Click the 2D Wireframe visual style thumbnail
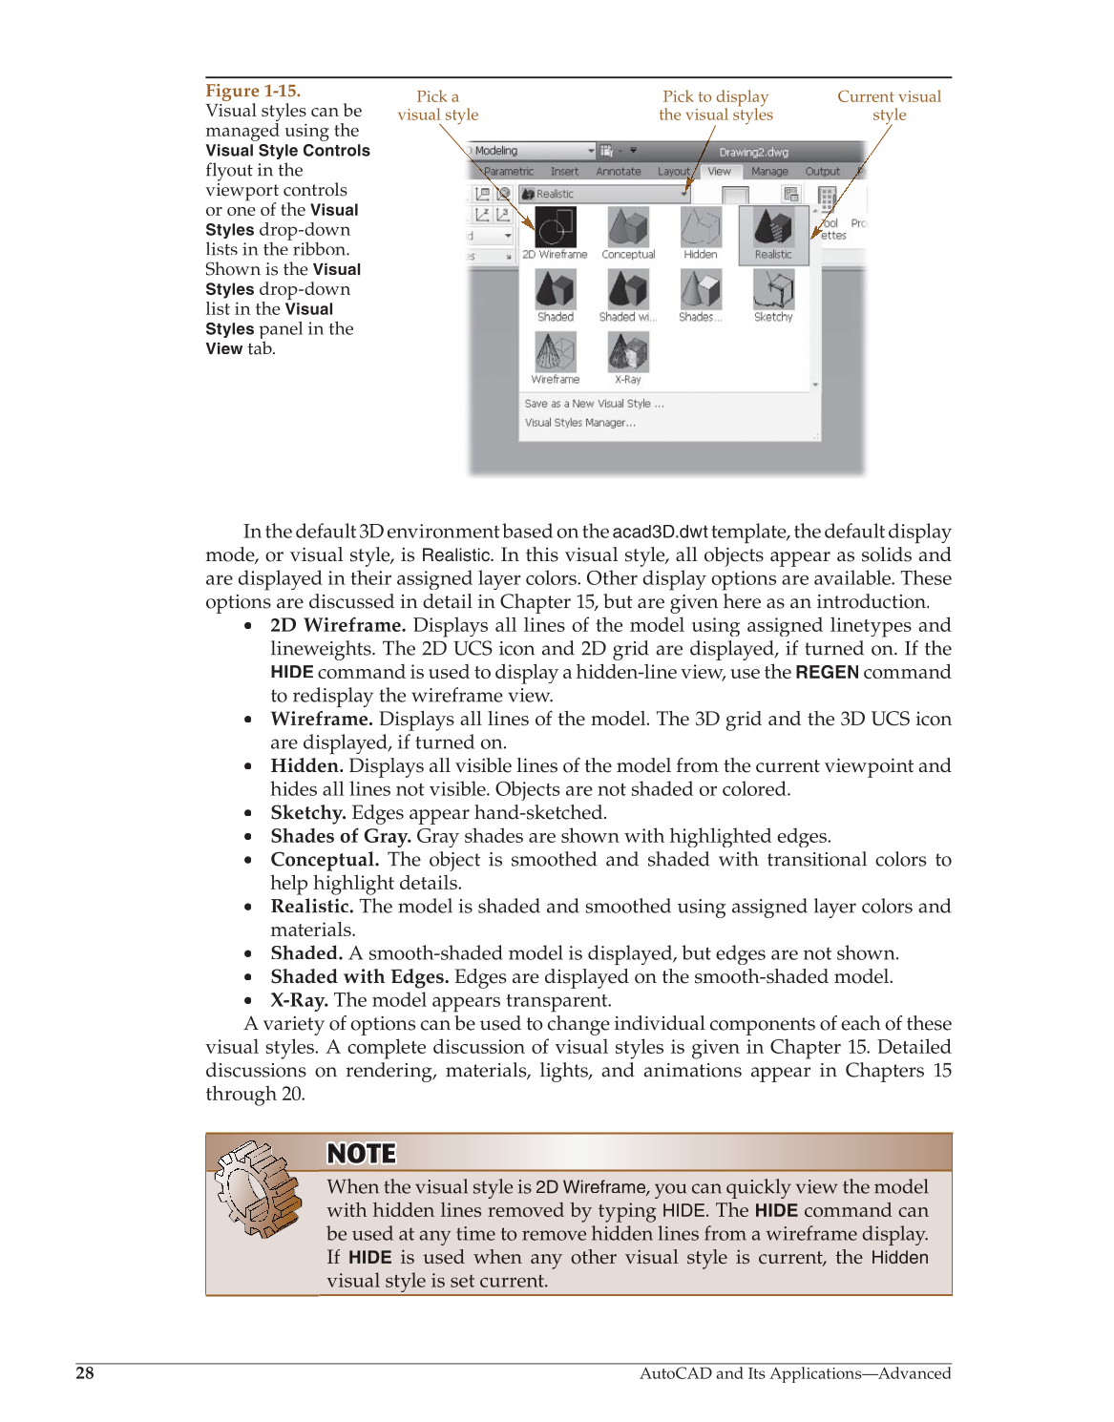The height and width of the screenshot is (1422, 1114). pos(555,229)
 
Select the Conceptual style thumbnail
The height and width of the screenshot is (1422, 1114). pos(628,229)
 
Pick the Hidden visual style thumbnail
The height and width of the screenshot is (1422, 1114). pos(701,229)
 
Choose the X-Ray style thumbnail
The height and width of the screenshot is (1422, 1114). pos(628,352)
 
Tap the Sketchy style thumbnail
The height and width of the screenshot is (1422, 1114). pos(773,290)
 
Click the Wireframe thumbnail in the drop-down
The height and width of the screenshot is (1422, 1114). pos(555,352)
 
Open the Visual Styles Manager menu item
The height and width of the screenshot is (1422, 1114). pos(579,423)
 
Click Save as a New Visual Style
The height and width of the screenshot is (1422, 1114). pos(594,404)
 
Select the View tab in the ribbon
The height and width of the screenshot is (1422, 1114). pos(719,172)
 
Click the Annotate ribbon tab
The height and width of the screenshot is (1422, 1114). pos(619,172)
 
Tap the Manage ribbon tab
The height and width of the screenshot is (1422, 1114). pos(769,172)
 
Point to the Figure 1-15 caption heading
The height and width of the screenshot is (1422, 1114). pos(253,91)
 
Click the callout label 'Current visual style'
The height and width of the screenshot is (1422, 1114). pos(889,105)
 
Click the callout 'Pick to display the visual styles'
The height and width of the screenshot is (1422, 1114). pos(716,105)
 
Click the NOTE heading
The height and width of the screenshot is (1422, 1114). pos(361,1154)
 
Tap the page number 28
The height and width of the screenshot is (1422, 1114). pos(85,1372)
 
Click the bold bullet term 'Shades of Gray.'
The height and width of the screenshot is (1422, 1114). pos(341,836)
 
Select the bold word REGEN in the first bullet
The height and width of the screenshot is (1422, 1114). pos(827,672)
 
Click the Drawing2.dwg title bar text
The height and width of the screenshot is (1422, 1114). pos(753,152)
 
